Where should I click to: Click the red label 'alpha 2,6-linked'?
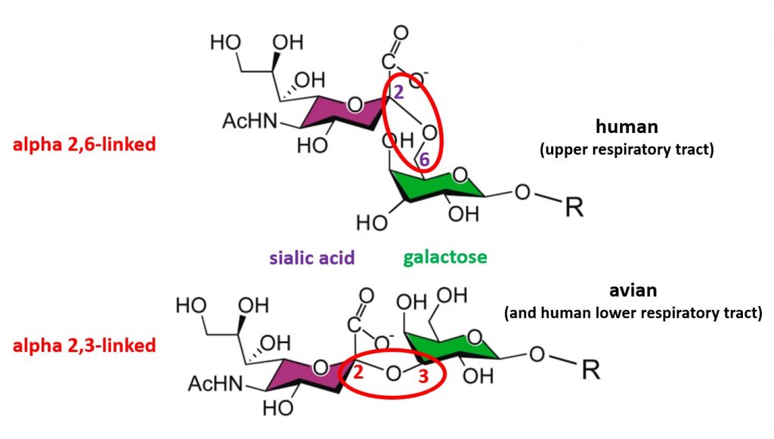click(x=83, y=143)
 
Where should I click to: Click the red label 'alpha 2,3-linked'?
click(x=83, y=346)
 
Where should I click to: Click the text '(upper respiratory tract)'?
click(x=627, y=149)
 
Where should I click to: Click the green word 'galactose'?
click(x=445, y=258)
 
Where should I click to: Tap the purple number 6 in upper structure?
click(x=425, y=160)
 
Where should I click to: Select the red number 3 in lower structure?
click(x=423, y=382)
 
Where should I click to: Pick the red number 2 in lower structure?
click(x=359, y=371)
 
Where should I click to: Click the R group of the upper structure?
click(x=574, y=206)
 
